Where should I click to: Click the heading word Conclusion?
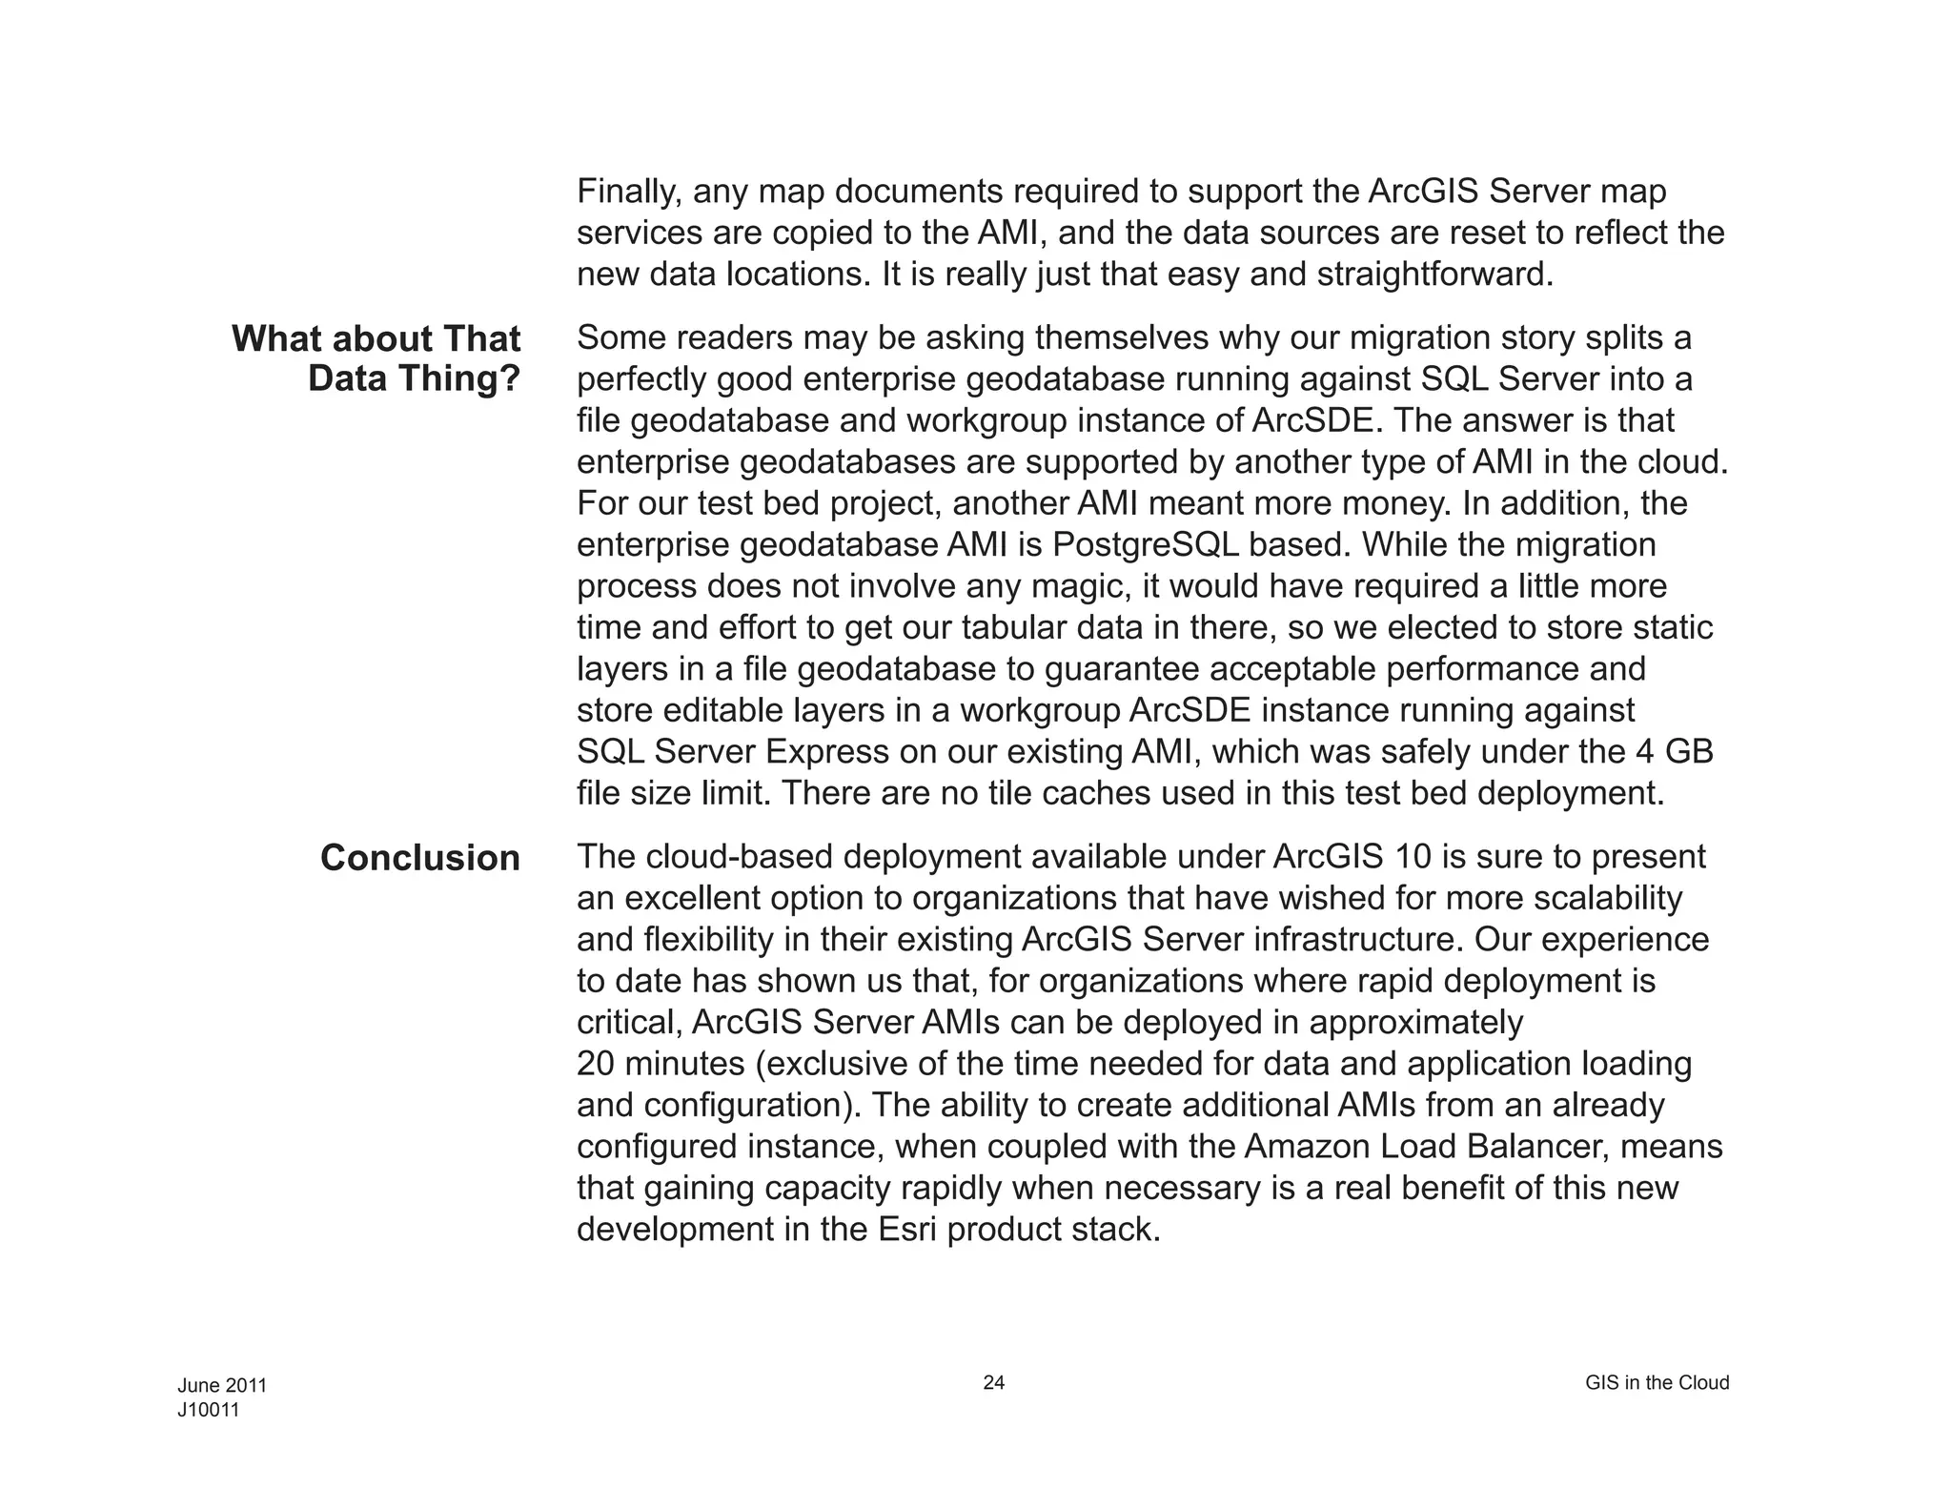[x=419, y=858]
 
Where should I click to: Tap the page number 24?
[x=993, y=1382]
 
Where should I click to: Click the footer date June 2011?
[x=222, y=1385]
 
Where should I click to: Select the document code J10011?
[x=208, y=1410]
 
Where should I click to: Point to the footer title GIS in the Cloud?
[x=1657, y=1382]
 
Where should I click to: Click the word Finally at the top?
[x=628, y=193]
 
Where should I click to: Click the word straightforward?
[x=1433, y=275]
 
